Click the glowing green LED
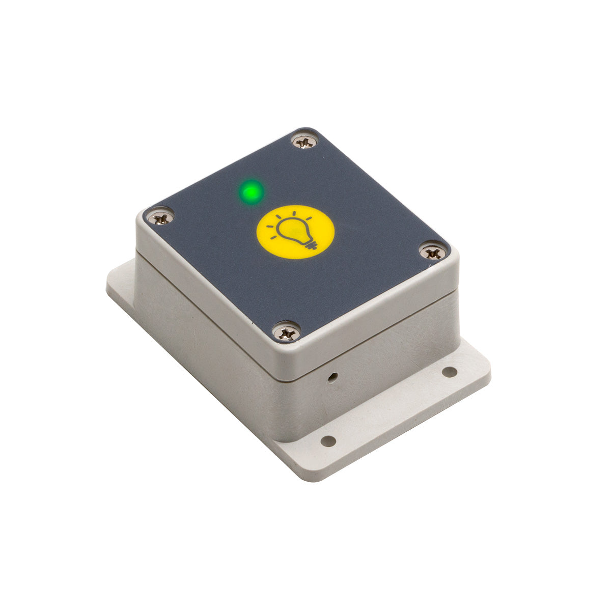point(251,192)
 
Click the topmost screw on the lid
point(304,141)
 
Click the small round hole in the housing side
point(332,377)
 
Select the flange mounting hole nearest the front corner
point(329,440)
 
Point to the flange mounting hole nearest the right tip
point(449,372)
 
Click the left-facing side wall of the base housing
point(204,346)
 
